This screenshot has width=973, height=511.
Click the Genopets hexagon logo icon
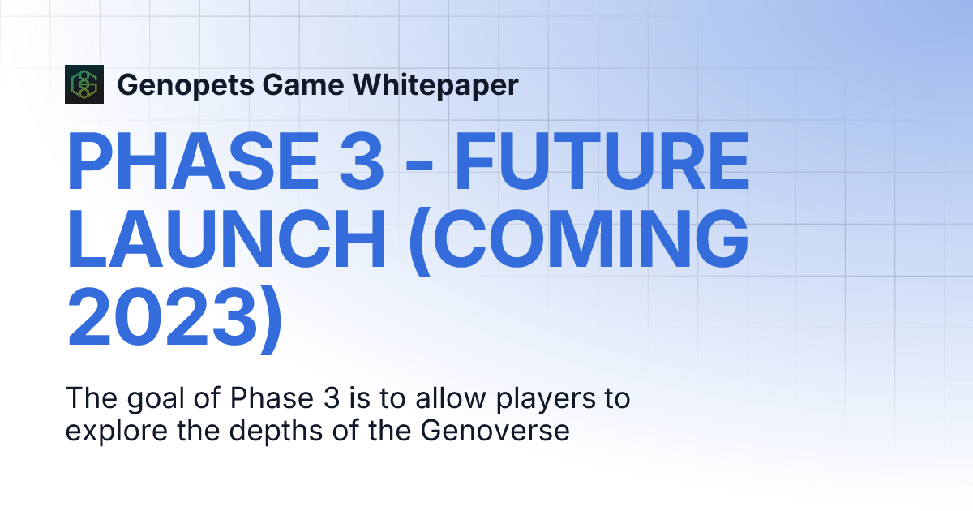84,84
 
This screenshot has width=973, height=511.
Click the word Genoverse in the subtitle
495,431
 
